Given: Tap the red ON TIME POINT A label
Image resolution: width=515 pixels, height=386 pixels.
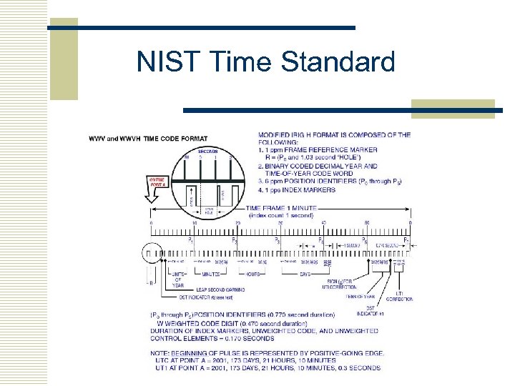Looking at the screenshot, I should [x=157, y=181].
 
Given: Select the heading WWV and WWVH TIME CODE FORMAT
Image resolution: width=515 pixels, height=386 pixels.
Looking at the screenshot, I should [x=148, y=138].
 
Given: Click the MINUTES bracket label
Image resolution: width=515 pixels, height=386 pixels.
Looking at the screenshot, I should [x=210, y=274].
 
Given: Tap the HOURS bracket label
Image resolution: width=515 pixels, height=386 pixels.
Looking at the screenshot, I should [x=253, y=274].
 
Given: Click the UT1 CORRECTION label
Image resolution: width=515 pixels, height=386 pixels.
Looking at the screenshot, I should [x=404, y=296].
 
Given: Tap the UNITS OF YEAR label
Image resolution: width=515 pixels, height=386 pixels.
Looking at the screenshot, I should [x=178, y=278].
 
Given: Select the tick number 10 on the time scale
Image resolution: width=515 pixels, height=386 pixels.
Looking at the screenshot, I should [x=193, y=224].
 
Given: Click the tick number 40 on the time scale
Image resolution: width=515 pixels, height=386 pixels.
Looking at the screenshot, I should [x=323, y=224].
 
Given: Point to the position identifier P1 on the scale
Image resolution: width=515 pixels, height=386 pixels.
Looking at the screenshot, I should [x=190, y=241].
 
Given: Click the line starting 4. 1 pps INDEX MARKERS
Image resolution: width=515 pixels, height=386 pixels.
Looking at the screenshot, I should [x=297, y=190].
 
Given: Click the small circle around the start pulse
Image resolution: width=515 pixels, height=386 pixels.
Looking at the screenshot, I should [x=150, y=252].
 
